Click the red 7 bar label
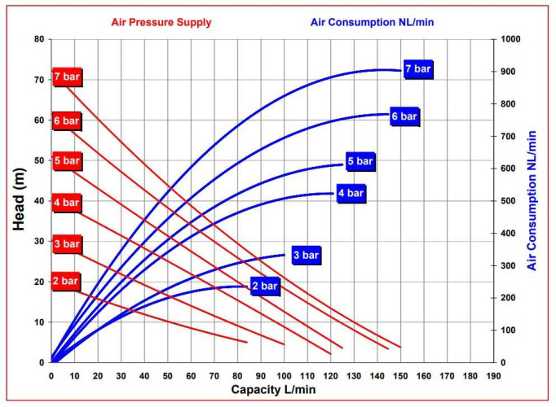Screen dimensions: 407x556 66,77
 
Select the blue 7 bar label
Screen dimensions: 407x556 417,69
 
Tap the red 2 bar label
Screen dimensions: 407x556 65,282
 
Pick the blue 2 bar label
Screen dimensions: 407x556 266,287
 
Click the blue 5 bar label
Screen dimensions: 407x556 360,161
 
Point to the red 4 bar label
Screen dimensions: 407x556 66,203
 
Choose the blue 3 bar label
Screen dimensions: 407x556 306,255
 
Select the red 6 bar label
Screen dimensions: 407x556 66,121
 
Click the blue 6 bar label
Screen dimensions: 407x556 404,116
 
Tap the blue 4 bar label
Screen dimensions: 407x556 351,194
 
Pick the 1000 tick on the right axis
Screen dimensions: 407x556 510,39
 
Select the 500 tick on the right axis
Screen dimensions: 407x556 508,201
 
